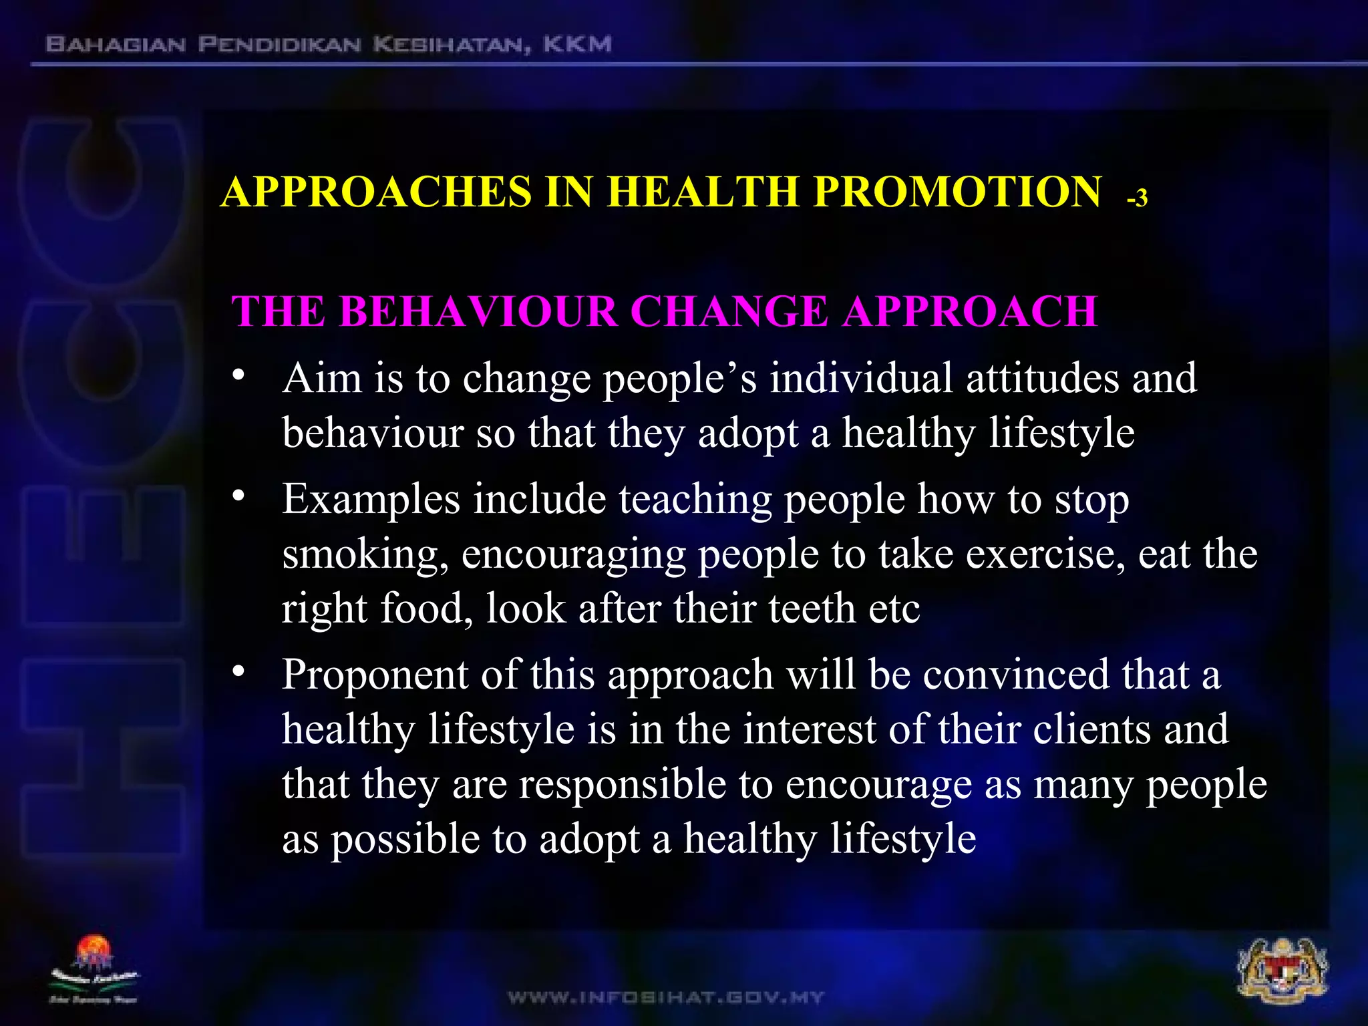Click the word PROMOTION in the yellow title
pos(957,192)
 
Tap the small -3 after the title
pos(1137,198)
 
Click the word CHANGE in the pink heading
pos(729,311)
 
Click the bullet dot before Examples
pos(238,497)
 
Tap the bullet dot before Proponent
pos(238,672)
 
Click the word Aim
pos(321,378)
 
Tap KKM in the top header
pos(577,45)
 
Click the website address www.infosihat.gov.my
pos(665,998)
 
